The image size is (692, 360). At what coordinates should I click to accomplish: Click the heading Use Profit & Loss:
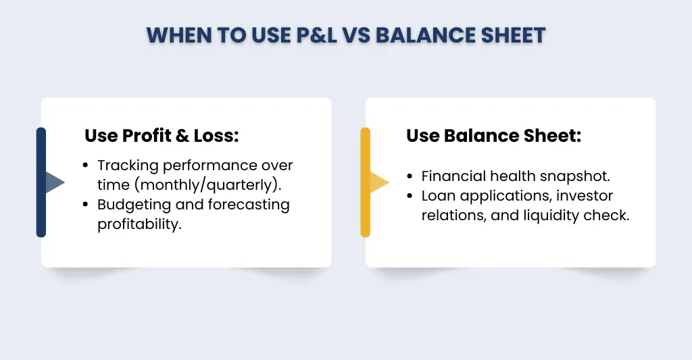[162, 136]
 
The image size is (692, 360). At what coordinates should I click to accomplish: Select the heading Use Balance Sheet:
[493, 136]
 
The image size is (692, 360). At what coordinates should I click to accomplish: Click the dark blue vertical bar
[41, 182]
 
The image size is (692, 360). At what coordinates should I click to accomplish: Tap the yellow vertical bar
[366, 182]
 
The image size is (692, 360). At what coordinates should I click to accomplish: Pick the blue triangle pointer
[54, 182]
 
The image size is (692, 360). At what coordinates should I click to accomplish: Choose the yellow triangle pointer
[378, 182]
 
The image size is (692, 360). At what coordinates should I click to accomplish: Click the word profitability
[140, 224]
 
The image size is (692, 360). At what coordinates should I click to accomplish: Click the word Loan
[437, 196]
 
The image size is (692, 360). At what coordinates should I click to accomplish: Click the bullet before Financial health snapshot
[410, 177]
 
